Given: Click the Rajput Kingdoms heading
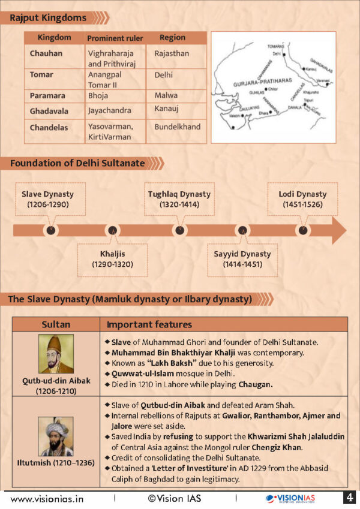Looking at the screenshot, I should point(48,18).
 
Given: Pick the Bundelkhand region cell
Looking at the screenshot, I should point(177,127).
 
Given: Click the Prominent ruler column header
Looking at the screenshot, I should point(115,38).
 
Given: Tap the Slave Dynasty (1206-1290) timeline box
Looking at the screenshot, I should point(48,200).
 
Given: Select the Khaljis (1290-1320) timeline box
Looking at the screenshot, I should point(112,259).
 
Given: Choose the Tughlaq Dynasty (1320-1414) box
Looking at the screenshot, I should point(179,200).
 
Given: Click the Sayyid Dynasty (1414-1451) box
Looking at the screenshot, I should point(242,259).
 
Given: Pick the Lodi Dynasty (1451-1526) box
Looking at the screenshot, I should point(302,200).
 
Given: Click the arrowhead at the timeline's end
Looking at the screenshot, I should point(338,230).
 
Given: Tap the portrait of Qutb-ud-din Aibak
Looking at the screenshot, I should point(56,354).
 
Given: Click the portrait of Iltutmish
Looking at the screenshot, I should point(56,436).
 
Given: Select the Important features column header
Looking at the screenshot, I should point(149,325).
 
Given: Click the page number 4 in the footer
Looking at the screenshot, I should point(349,498).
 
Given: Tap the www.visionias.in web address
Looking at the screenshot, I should point(47,498).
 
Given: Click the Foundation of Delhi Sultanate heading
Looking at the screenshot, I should point(77,163).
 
